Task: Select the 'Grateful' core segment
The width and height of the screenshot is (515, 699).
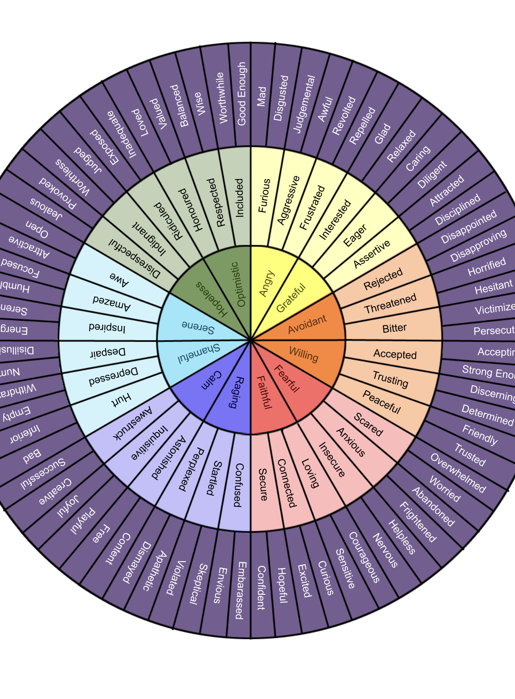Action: click(291, 298)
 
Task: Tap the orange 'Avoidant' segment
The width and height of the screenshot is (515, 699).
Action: click(307, 324)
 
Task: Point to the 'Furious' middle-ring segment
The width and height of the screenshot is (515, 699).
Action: click(264, 196)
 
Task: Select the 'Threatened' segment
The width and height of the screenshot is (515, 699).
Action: click(390, 303)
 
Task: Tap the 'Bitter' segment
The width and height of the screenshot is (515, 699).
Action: click(394, 328)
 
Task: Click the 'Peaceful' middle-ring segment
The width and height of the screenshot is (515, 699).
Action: click(382, 401)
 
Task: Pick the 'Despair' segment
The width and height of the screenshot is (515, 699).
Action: click(108, 353)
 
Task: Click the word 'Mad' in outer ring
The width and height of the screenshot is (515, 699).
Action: click(262, 97)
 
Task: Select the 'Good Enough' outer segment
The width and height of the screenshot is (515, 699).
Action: click(241, 94)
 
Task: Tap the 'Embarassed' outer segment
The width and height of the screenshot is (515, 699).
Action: click(240, 590)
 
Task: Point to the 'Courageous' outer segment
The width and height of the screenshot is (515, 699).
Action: click(364, 557)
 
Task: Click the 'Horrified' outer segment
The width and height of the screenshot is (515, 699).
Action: click(487, 267)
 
